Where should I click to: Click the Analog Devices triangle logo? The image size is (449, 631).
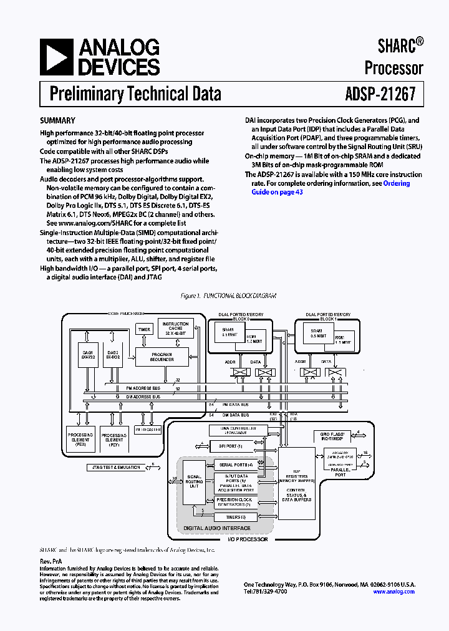[x=56, y=57]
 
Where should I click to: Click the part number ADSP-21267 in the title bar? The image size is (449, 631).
[x=380, y=94]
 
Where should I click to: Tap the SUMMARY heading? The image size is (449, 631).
[x=57, y=120]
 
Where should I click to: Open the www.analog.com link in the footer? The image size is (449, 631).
[x=393, y=592]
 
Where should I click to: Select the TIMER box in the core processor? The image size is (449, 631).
[x=144, y=329]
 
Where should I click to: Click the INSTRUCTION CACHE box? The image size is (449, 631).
[x=175, y=328]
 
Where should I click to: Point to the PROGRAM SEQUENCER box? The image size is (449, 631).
[x=162, y=357]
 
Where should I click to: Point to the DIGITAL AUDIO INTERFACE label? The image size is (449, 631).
[x=216, y=529]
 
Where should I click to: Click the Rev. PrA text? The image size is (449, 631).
[x=51, y=562]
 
